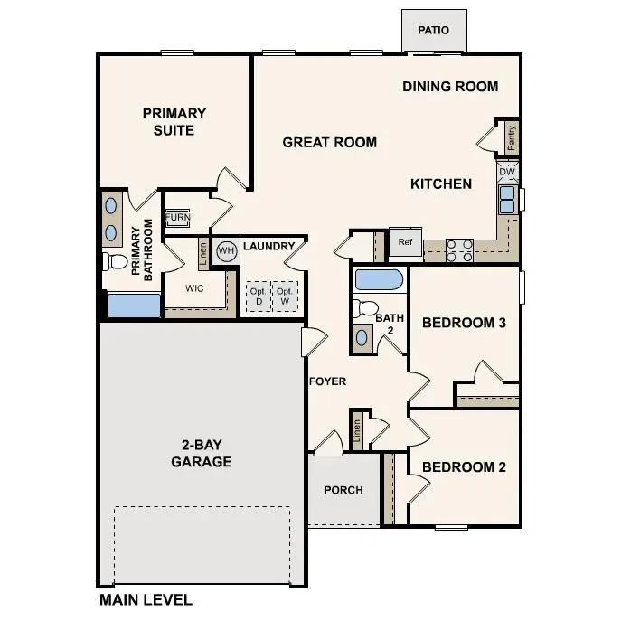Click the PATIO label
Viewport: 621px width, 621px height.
(x=433, y=31)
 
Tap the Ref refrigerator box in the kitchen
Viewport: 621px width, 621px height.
(x=405, y=242)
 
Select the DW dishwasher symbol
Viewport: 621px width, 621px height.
(x=506, y=172)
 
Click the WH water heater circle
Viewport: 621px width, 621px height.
(x=226, y=250)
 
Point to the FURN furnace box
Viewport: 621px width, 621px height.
(x=177, y=219)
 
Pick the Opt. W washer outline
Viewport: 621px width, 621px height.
(x=285, y=296)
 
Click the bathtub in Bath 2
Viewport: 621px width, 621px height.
(x=379, y=279)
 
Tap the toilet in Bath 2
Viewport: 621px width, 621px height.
(x=363, y=308)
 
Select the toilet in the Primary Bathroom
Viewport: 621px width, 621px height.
(x=115, y=262)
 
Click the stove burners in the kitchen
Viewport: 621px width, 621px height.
(x=459, y=249)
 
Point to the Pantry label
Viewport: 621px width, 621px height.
(x=511, y=137)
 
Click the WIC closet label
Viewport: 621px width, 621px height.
(x=194, y=289)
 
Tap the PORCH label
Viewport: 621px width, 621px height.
(x=343, y=490)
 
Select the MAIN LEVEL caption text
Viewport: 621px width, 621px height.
(x=145, y=599)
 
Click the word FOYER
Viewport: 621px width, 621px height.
(x=327, y=381)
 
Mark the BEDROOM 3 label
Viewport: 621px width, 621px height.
(x=464, y=323)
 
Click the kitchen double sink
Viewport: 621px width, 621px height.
(x=507, y=200)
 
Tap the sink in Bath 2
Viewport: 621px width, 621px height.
(x=362, y=337)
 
